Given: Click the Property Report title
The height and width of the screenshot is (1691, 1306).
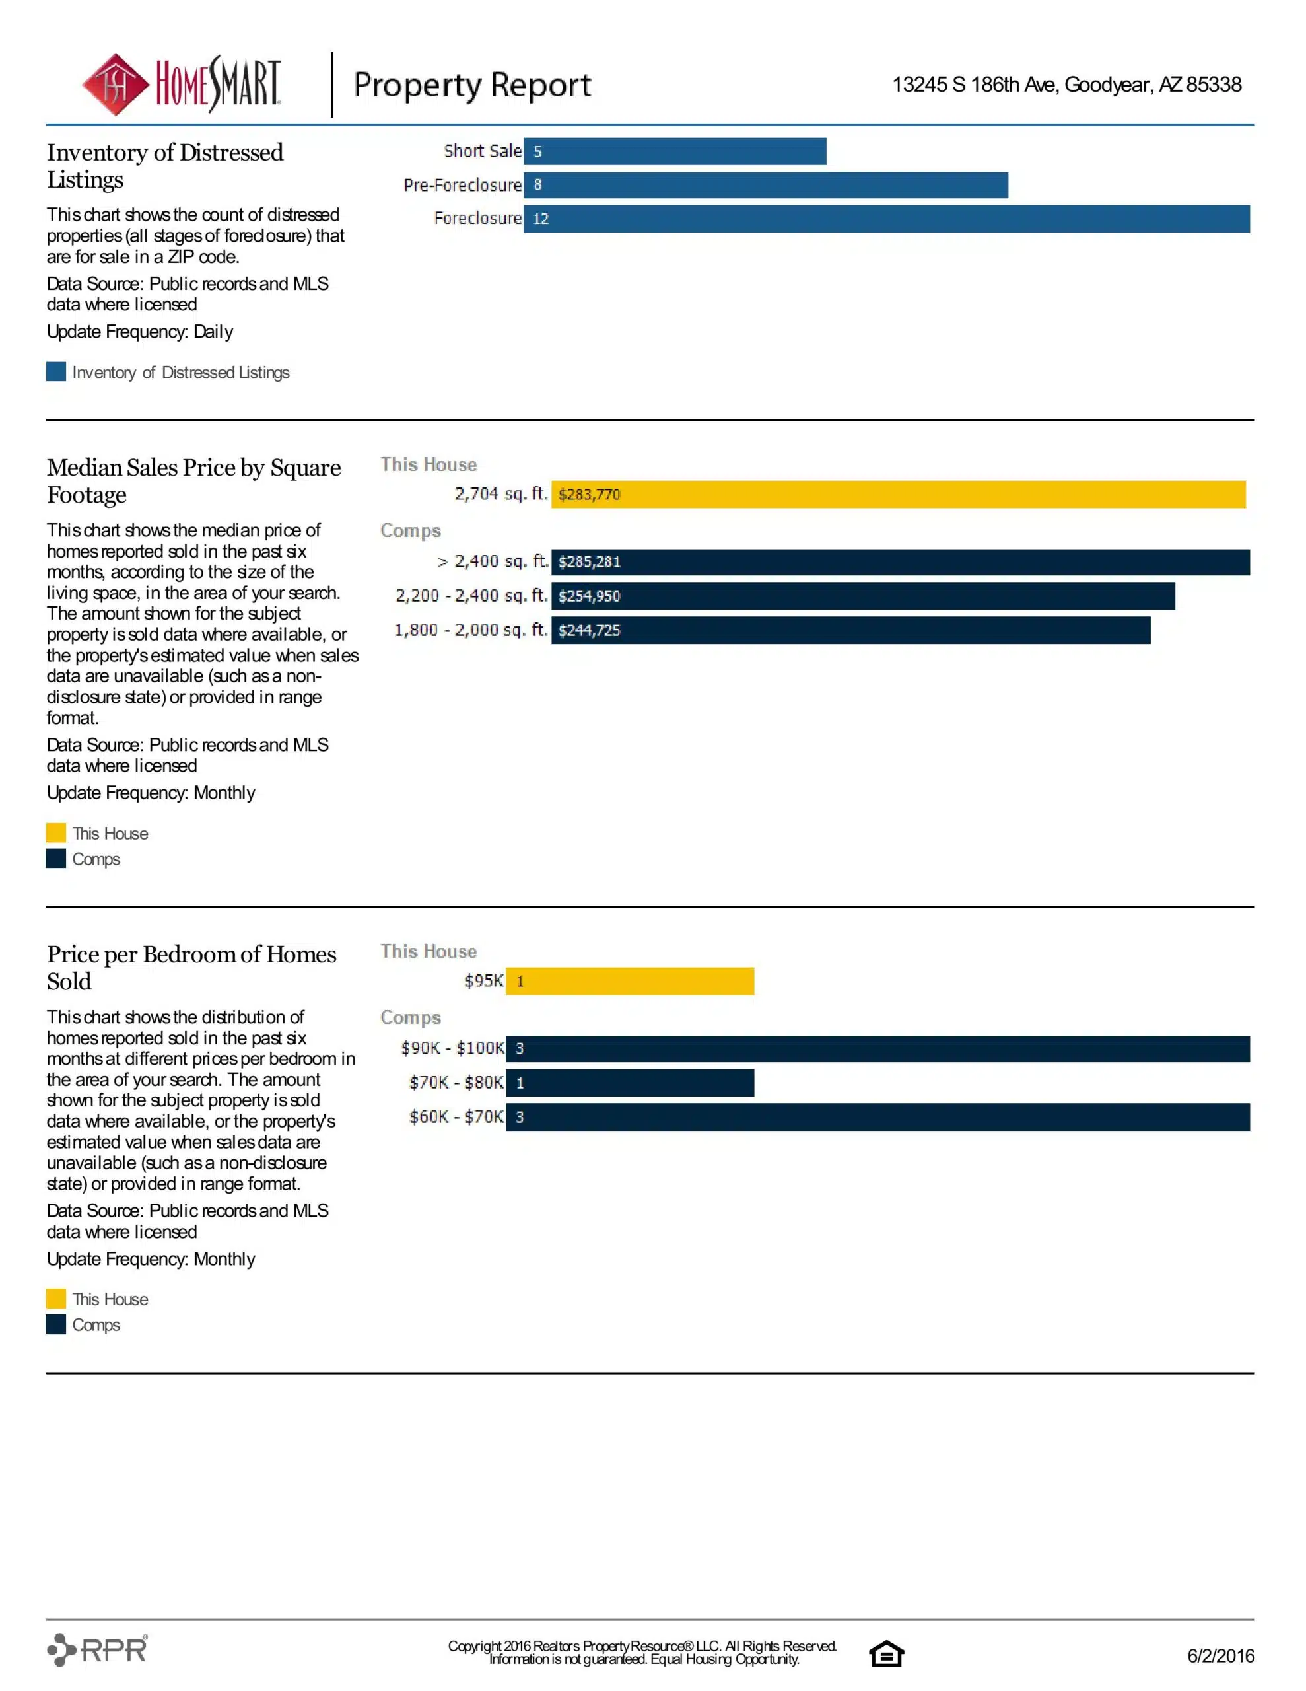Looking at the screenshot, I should point(471,85).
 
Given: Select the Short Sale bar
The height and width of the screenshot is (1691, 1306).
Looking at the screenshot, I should point(674,152).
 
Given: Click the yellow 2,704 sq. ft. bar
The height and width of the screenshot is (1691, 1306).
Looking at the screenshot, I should point(897,495).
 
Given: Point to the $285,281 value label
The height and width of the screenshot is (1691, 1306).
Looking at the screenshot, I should point(589,562).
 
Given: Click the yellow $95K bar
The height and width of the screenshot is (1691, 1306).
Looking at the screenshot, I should point(629,981).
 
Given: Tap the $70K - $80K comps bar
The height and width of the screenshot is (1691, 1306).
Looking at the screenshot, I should point(629,1083).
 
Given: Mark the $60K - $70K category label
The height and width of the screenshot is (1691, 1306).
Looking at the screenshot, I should point(456,1116).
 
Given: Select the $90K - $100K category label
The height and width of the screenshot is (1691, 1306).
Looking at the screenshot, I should point(452,1048).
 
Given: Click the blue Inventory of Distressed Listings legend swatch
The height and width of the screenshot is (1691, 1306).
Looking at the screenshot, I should point(55,372).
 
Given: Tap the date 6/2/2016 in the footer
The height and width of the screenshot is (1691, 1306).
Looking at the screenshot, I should point(1220,1655).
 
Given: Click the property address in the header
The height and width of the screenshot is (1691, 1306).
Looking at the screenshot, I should point(1066,85).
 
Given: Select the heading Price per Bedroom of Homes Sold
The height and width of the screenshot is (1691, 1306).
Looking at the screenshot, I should point(191,967).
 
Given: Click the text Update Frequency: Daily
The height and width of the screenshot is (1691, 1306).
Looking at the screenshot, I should point(139,332).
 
